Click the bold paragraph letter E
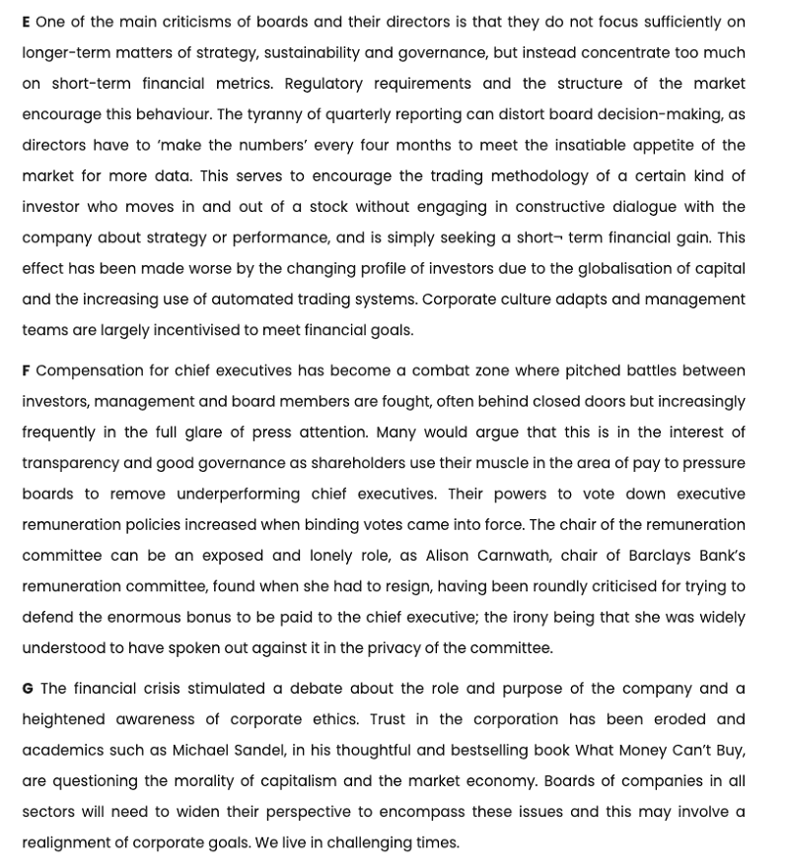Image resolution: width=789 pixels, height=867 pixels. coord(27,22)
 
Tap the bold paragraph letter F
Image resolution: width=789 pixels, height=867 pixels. coord(27,370)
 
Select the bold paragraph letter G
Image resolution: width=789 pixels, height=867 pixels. coord(28,689)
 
